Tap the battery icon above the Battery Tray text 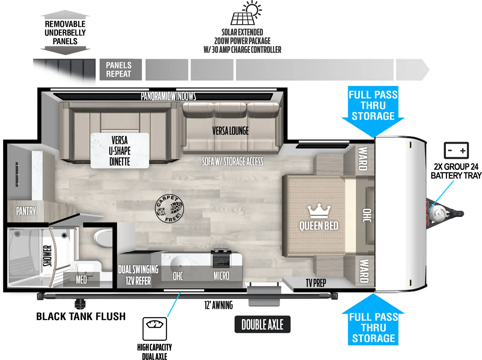coord(456,150)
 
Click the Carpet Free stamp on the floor coord(169,208)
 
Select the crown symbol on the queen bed coord(319,211)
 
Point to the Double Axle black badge coord(262,324)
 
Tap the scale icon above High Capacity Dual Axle coord(155,328)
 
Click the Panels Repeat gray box coord(120,70)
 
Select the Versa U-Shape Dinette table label coord(120,151)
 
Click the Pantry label coord(26,211)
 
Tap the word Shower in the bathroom coord(48,256)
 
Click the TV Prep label coord(315,283)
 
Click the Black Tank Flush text coord(81,317)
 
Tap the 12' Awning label coord(218,305)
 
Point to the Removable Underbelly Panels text coord(65,33)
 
